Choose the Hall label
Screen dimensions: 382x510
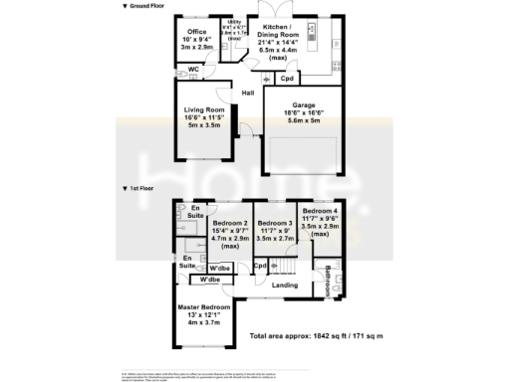(x=246, y=93)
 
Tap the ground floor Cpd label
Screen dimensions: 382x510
(x=286, y=77)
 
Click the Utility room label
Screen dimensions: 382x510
(x=234, y=21)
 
